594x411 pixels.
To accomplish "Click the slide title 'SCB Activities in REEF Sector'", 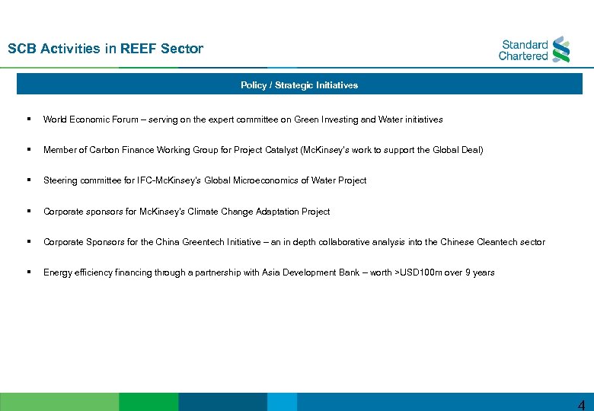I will point(105,49).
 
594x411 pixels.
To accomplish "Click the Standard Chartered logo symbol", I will point(561,49).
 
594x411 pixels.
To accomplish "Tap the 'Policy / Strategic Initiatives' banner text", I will point(299,85).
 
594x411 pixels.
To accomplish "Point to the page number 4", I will point(581,405).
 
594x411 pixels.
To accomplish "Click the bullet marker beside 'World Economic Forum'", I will point(27,119).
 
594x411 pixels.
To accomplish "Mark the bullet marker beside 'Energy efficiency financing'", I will point(27,272).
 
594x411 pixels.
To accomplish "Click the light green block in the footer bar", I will point(59,402).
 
